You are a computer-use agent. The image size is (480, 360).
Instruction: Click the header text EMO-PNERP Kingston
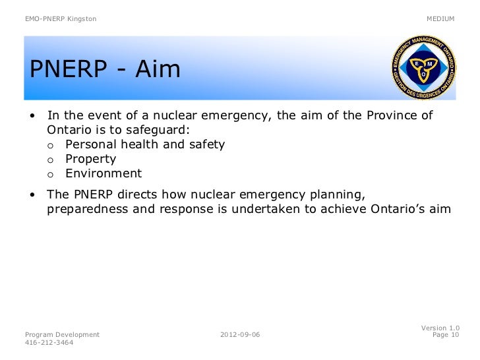tap(60, 18)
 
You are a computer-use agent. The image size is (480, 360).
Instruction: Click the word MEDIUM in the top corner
tap(440, 18)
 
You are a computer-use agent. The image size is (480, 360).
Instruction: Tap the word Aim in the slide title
tap(158, 69)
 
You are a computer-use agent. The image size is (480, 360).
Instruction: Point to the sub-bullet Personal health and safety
tap(145, 144)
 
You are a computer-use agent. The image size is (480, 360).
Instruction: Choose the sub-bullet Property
tap(91, 159)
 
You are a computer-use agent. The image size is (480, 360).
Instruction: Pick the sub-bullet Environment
tap(104, 173)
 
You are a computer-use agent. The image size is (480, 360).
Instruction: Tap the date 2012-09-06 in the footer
tap(240, 335)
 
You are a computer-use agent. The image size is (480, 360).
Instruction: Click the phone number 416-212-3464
tap(49, 343)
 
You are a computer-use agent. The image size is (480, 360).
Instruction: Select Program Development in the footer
tap(62, 335)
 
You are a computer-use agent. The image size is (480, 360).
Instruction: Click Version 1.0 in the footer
tap(440, 328)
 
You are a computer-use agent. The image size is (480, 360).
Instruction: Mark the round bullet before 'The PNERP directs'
tap(32, 196)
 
